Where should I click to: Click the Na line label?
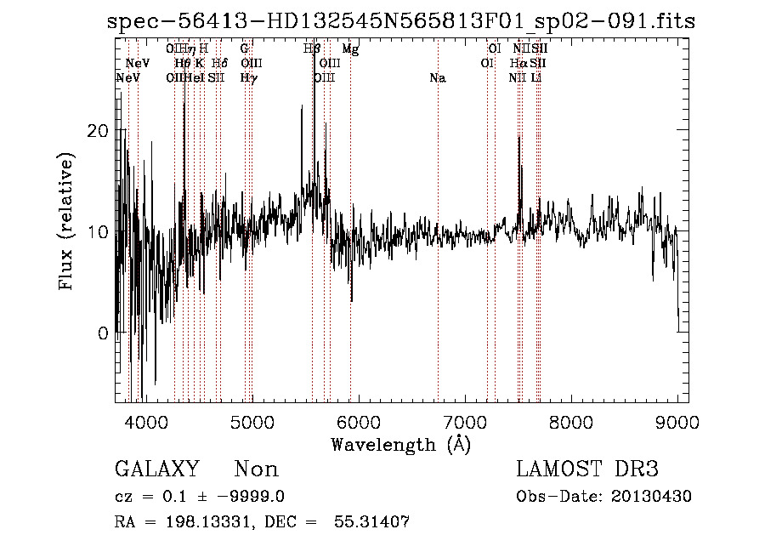point(438,78)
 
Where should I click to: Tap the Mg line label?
point(350,49)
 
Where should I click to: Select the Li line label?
point(535,78)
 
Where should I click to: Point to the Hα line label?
point(518,64)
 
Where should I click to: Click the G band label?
point(245,49)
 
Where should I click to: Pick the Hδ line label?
point(219,64)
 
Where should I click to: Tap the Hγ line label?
point(248,78)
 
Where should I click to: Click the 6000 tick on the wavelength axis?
point(358,421)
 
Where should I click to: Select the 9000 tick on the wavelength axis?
point(677,421)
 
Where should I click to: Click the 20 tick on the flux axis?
point(101,131)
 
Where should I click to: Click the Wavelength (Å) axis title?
point(400,444)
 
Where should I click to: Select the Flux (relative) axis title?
point(66,222)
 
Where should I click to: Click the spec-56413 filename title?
point(401,21)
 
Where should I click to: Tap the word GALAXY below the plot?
point(156,469)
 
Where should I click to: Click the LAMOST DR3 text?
point(586,469)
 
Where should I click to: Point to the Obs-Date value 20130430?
point(651,497)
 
